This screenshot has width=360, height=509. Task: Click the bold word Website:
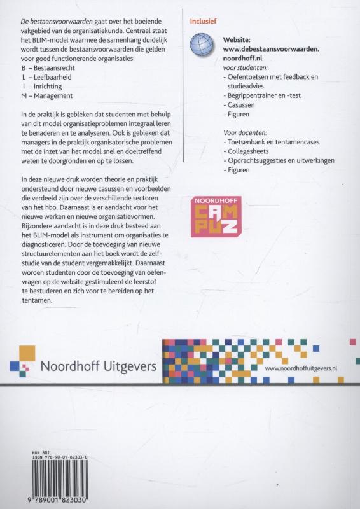[x=239, y=39]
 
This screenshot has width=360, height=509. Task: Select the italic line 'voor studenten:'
[x=246, y=67]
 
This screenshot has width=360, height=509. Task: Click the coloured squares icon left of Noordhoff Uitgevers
[x=22, y=361]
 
